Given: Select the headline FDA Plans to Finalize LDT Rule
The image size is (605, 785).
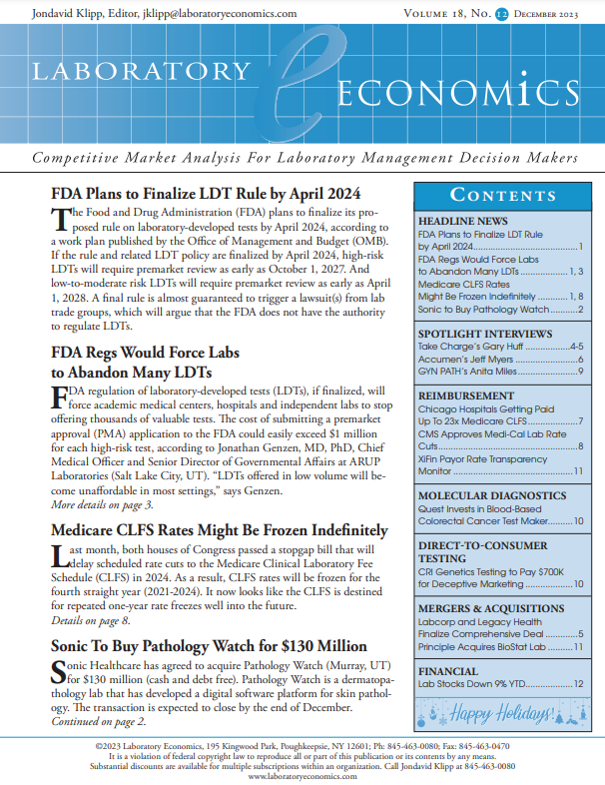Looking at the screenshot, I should click(x=205, y=194).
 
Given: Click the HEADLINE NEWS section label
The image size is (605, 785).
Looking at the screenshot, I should click(x=463, y=220).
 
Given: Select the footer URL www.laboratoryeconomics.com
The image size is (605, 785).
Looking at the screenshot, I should click(x=302, y=775).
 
